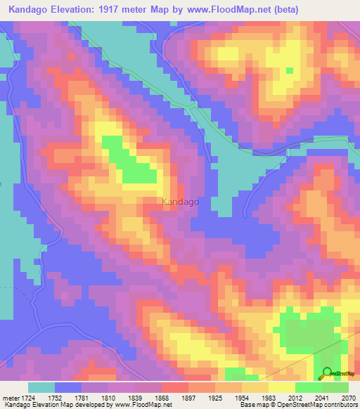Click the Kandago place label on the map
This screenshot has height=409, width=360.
click(180, 202)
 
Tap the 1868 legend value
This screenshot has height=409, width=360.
click(162, 397)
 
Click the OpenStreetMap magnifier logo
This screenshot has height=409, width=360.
click(328, 373)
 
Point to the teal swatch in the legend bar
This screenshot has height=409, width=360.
click(41, 387)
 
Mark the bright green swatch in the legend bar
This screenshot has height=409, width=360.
click(308, 387)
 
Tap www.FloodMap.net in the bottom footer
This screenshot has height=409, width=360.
click(143, 405)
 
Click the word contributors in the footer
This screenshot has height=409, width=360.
click(340, 405)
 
